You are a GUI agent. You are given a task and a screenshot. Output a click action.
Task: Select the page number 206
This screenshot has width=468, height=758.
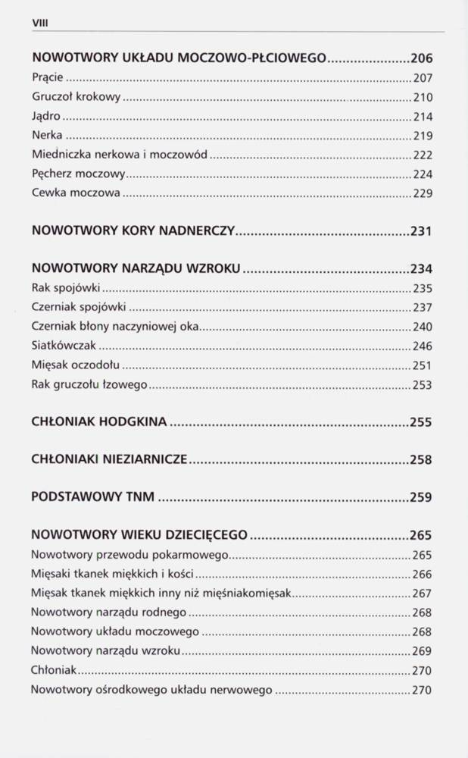pyautogui.click(x=420, y=58)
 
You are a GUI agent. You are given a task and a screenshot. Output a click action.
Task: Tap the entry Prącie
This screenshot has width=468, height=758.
pyautogui.click(x=48, y=77)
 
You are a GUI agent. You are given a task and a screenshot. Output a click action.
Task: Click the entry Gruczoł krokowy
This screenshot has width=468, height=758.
pyautogui.click(x=76, y=97)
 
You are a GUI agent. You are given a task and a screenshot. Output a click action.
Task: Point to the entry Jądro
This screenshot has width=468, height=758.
pyautogui.click(x=46, y=116)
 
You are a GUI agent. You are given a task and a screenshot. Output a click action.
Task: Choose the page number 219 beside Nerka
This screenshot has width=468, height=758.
pyautogui.click(x=422, y=136)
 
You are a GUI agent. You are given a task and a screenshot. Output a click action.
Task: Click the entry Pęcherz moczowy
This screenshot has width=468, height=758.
pyautogui.click(x=79, y=174)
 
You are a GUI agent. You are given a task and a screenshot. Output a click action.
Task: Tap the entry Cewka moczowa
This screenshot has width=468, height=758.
pyautogui.click(x=76, y=193)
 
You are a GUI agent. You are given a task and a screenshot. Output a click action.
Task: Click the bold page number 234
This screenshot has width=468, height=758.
pyautogui.click(x=420, y=268)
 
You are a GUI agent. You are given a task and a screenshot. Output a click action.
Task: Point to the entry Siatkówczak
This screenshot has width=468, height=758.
pyautogui.click(x=64, y=346)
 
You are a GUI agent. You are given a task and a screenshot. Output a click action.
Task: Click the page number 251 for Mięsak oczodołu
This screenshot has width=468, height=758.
pyautogui.click(x=422, y=365)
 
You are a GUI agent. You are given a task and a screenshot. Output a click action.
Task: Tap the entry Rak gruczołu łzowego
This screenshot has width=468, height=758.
pyautogui.click(x=89, y=384)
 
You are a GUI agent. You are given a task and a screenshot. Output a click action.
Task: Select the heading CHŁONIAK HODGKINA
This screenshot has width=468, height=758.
pyautogui.click(x=99, y=422)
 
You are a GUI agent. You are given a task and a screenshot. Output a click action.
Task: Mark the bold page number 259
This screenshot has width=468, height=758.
pyautogui.click(x=420, y=497)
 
